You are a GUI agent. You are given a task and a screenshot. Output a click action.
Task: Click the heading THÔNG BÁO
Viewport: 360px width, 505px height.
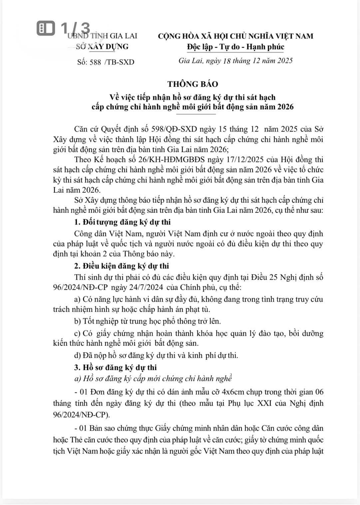192,84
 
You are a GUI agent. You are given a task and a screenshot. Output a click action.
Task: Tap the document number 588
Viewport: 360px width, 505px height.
95,62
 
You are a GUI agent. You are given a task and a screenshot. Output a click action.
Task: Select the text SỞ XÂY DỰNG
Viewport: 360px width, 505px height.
102,47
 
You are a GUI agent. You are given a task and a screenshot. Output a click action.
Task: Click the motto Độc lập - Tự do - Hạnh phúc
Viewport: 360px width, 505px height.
235,47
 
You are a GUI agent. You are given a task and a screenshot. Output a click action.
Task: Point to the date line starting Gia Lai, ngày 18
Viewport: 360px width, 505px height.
235,61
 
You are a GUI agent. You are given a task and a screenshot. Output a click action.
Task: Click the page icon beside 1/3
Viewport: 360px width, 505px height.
46,28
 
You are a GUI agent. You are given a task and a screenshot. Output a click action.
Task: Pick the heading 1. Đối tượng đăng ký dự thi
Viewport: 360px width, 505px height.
122,222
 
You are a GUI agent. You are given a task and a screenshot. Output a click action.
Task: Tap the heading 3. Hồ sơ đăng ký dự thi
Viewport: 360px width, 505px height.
115,368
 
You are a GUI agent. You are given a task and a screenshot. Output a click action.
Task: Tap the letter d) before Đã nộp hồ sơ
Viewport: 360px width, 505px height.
78,355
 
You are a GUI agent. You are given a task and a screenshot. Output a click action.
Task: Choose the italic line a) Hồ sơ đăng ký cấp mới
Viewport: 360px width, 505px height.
153,379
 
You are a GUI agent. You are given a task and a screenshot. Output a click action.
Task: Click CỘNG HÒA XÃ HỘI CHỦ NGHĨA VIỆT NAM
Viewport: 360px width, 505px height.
235,36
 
